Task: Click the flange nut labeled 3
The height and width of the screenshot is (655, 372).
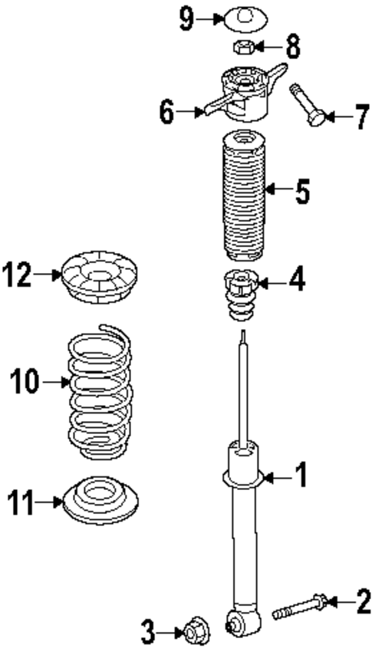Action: click(x=192, y=633)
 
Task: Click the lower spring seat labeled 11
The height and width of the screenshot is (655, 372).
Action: click(x=100, y=502)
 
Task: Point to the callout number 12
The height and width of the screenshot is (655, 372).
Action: click(x=18, y=274)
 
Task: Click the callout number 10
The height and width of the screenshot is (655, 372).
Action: click(x=25, y=380)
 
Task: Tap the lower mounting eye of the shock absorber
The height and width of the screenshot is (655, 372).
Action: click(x=240, y=623)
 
